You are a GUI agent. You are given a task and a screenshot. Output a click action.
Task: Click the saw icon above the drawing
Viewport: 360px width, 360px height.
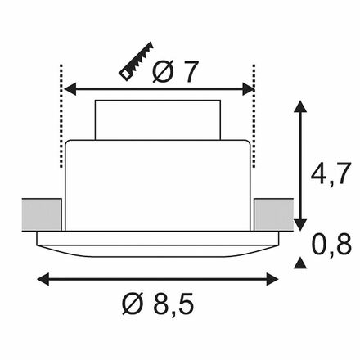[x=136, y=61]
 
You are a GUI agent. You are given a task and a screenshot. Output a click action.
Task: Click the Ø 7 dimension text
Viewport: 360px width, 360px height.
[x=174, y=71]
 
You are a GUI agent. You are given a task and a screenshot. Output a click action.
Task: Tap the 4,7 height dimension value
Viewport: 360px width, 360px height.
[x=330, y=174]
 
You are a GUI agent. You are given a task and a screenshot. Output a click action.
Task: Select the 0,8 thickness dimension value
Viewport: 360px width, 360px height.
[x=331, y=245]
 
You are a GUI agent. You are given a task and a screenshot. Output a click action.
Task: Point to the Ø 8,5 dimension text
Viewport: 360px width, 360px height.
[x=158, y=304]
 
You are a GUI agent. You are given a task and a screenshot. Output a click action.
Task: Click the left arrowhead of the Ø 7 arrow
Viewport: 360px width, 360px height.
[x=70, y=89]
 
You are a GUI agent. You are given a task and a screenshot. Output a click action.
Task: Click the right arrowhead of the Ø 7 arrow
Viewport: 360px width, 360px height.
[x=248, y=89]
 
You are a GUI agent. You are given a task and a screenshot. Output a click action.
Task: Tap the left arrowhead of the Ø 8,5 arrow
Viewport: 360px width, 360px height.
[x=43, y=279]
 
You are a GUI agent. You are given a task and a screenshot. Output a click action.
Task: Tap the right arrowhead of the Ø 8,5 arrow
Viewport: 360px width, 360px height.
[x=272, y=279]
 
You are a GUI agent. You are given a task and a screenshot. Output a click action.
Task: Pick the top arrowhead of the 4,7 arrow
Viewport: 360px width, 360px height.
[x=300, y=106]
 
